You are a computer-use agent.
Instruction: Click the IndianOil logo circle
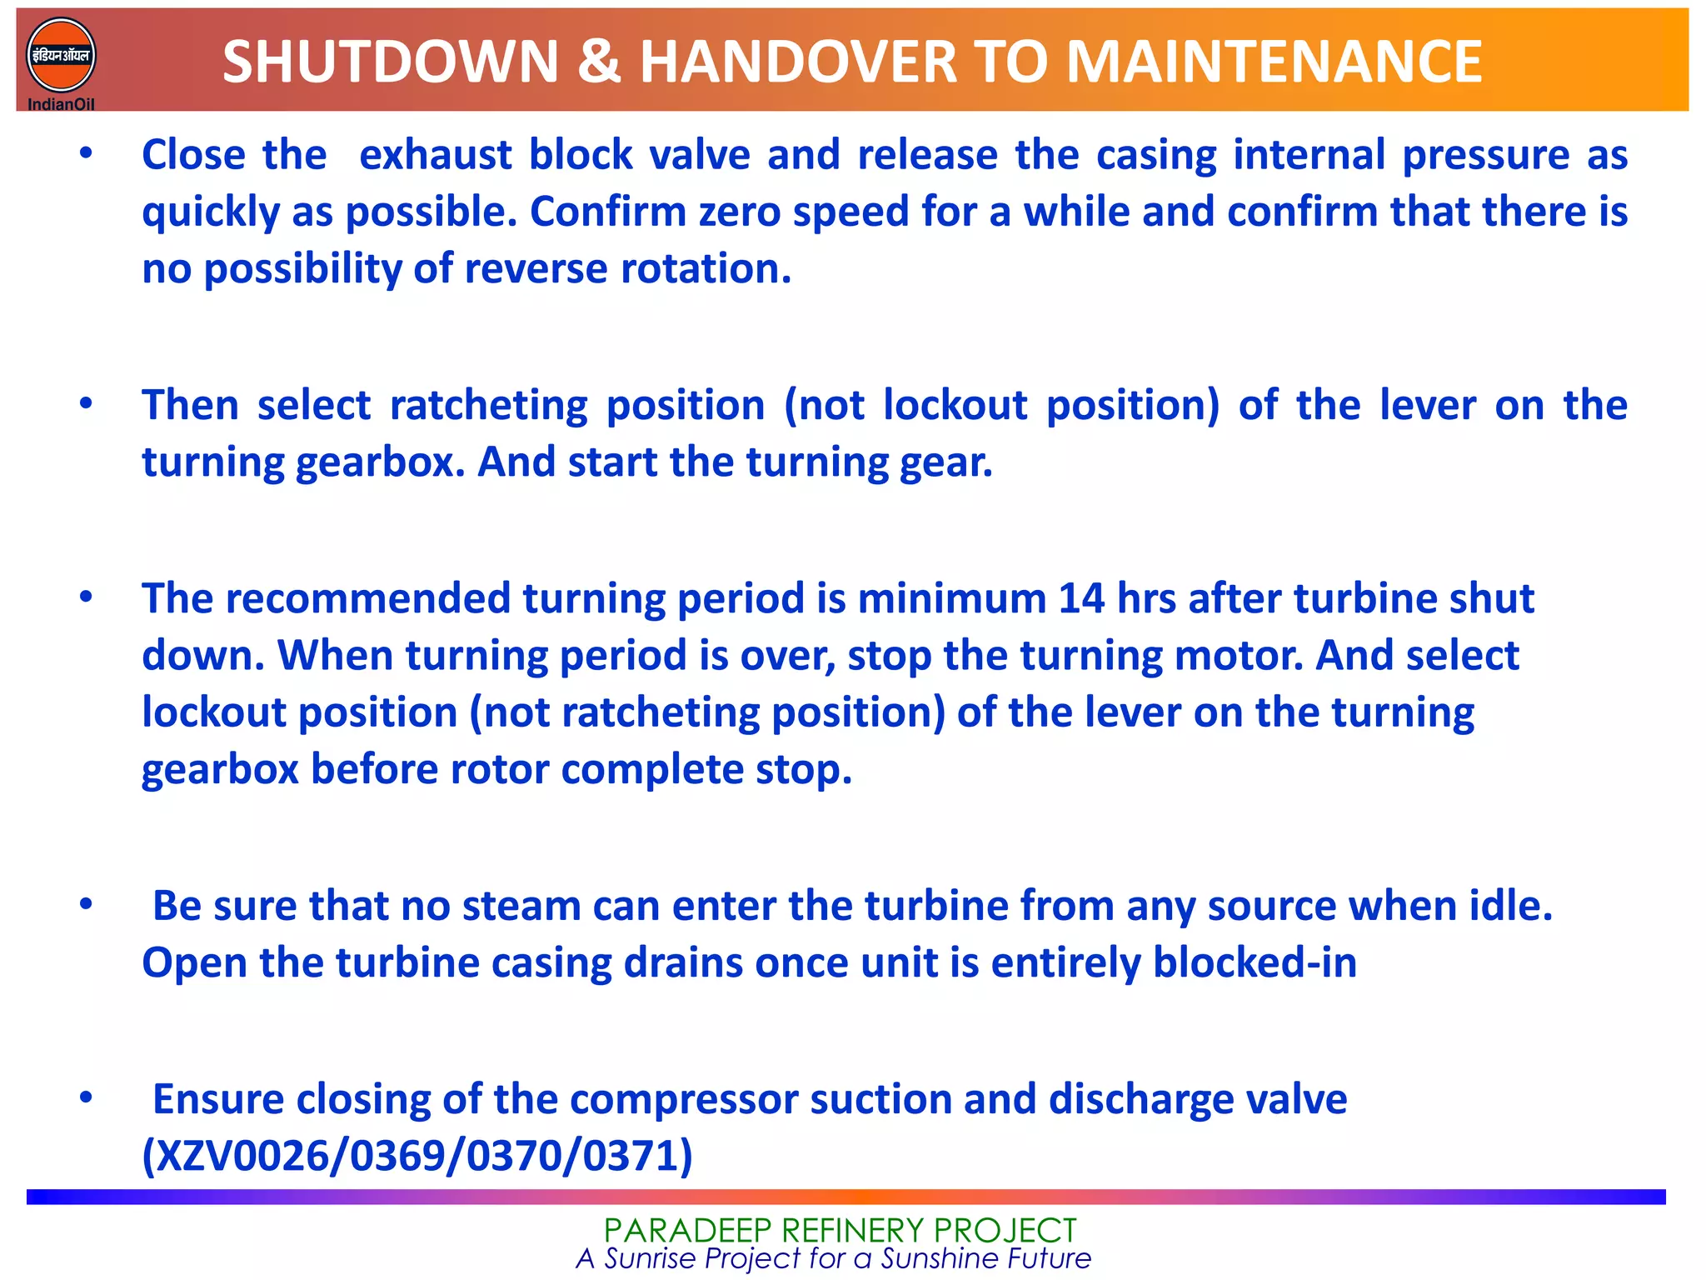click(x=61, y=55)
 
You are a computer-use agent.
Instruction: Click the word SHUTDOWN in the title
click(x=390, y=62)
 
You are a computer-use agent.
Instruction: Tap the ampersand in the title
click(x=599, y=62)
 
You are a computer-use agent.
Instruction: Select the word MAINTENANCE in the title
click(x=1274, y=62)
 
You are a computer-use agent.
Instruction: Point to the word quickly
click(x=210, y=212)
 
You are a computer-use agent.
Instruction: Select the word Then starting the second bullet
click(x=190, y=406)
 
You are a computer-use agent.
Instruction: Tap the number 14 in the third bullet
click(x=1081, y=599)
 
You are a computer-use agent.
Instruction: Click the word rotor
click(x=500, y=769)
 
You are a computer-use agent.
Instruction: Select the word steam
click(x=521, y=906)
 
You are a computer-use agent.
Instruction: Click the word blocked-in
click(x=1255, y=963)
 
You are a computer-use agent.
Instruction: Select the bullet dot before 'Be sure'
click(x=86, y=904)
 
